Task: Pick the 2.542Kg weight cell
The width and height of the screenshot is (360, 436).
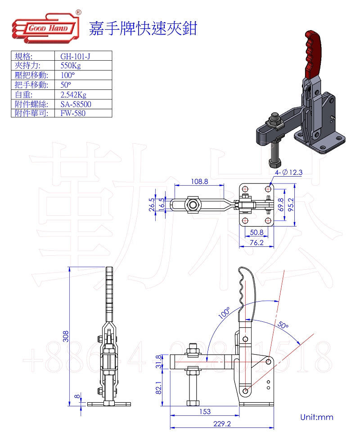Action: [x=73, y=95]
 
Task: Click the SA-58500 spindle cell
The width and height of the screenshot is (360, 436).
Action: [x=76, y=104]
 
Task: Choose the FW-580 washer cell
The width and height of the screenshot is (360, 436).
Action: [x=73, y=113]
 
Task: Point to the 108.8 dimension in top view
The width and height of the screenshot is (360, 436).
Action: [x=199, y=182]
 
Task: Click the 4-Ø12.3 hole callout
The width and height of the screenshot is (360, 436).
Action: [x=288, y=172]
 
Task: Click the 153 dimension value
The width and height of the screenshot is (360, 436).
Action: [x=204, y=411]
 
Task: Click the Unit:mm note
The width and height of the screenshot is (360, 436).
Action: [x=317, y=418]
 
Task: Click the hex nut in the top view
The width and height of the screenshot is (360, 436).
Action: [x=193, y=205]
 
